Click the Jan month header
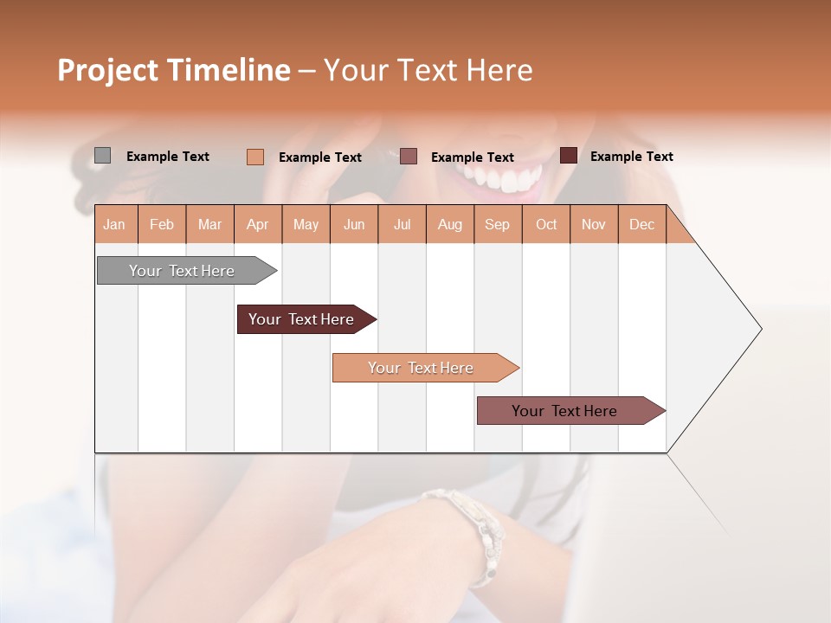pyautogui.click(x=114, y=224)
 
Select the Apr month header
pyautogui.click(x=257, y=224)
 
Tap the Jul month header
pyautogui.click(x=402, y=224)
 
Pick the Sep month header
pyautogui.click(x=497, y=224)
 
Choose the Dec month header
pyautogui.click(x=641, y=224)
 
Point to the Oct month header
pyautogui.click(x=546, y=224)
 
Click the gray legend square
pyautogui.click(x=102, y=156)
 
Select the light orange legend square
pyautogui.click(x=254, y=157)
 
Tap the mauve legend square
pyautogui.click(x=409, y=157)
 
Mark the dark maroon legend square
pyautogui.click(x=568, y=156)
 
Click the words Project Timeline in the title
pyautogui.click(x=174, y=70)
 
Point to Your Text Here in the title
pyautogui.click(x=428, y=70)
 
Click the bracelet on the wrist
pyautogui.click(x=467, y=523)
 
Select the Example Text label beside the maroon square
pyautogui.click(x=631, y=156)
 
